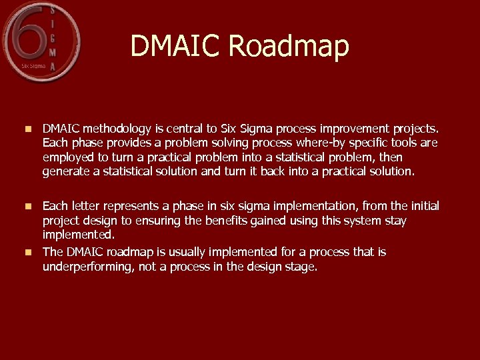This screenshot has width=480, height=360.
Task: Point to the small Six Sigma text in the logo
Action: pos(33,66)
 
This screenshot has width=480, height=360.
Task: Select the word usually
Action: pos(184,252)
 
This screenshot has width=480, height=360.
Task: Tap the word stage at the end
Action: pos(302,267)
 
